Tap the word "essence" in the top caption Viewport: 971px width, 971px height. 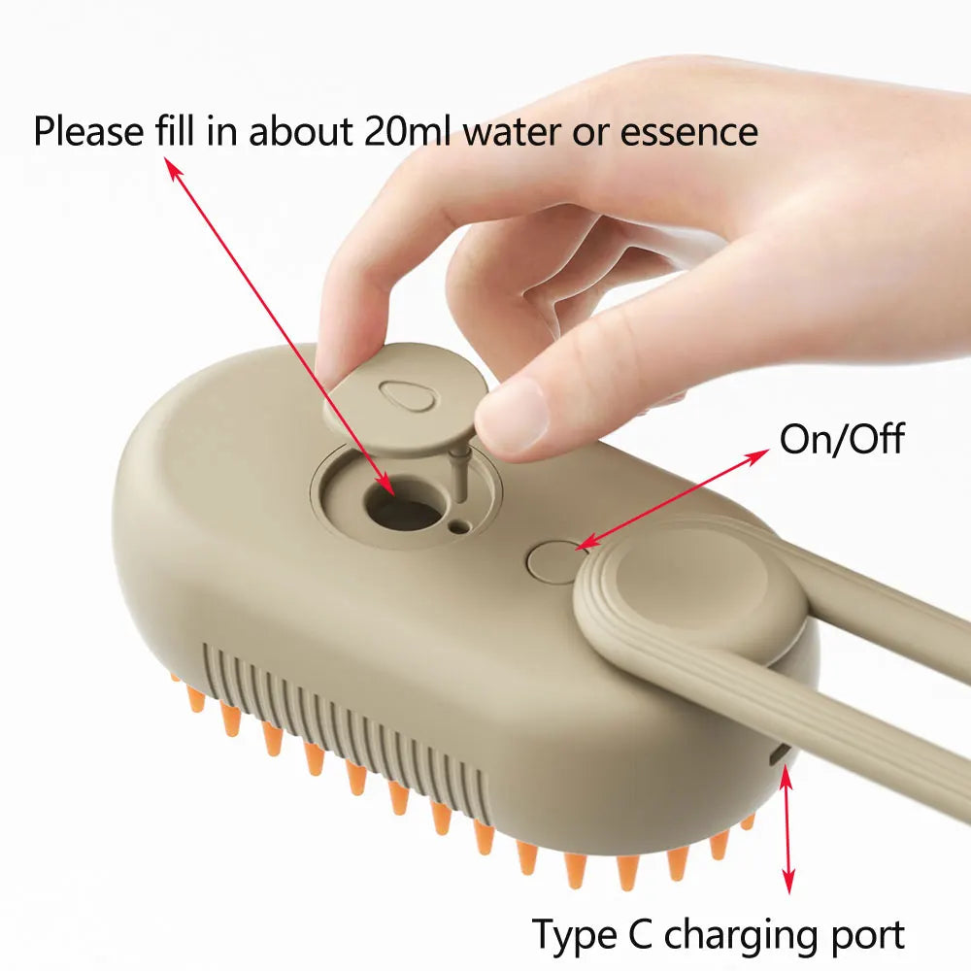(688, 131)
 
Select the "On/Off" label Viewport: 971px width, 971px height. (841, 440)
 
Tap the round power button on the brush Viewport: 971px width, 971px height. (554, 562)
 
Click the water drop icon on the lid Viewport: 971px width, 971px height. (399, 393)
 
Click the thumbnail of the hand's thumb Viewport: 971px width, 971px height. (511, 415)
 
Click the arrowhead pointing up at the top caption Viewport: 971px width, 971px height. (174, 168)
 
